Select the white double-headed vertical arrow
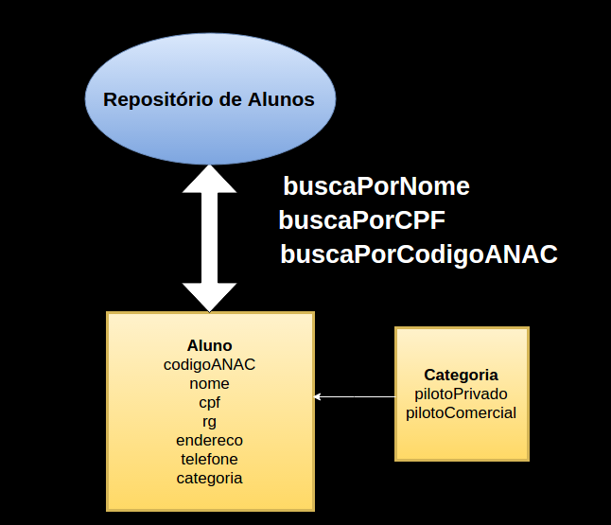pyautogui.click(x=209, y=237)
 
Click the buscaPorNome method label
pyautogui.click(x=375, y=186)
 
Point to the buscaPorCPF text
pyautogui.click(x=361, y=220)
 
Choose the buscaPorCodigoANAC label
pyautogui.click(x=418, y=254)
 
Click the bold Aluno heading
pyautogui.click(x=209, y=345)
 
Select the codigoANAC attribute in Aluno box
pyautogui.click(x=209, y=364)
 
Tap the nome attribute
pyautogui.click(x=209, y=383)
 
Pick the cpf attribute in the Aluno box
pyautogui.click(x=209, y=402)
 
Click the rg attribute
pyautogui.click(x=209, y=421)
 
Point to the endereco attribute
pyautogui.click(x=209, y=440)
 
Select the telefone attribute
pyautogui.click(x=209, y=459)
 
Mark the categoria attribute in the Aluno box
pyautogui.click(x=209, y=478)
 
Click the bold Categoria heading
pyautogui.click(x=461, y=375)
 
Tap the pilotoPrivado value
pyautogui.click(x=461, y=394)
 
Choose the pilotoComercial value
pyautogui.click(x=461, y=412)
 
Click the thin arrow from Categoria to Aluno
pyautogui.click(x=355, y=396)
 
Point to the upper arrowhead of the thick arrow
pyautogui.click(x=209, y=177)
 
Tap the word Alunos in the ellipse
pyautogui.click(x=280, y=99)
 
